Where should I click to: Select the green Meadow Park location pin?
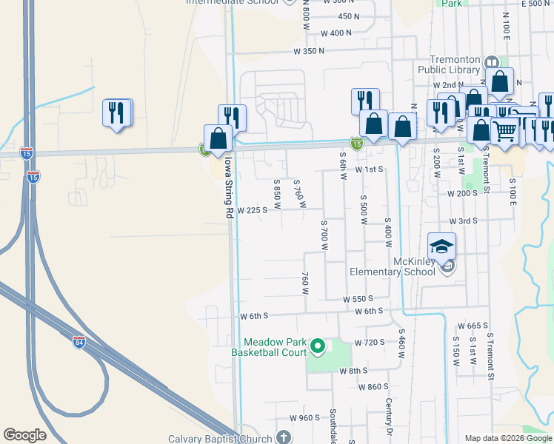tap(318, 346)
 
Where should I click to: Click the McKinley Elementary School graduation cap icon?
tap(441, 246)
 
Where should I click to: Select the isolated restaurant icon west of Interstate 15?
tap(116, 113)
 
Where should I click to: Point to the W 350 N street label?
tap(310, 52)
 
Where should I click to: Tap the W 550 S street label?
tap(356, 298)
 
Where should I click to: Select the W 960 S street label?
tap(304, 417)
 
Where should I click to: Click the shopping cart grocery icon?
tap(505, 132)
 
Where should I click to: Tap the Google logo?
tap(24, 435)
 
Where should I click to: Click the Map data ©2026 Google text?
tap(507, 438)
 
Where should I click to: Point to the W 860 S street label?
tap(373, 386)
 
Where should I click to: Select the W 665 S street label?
tap(473, 326)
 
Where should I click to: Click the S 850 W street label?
tap(277, 193)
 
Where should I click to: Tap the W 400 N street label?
tap(337, 33)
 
